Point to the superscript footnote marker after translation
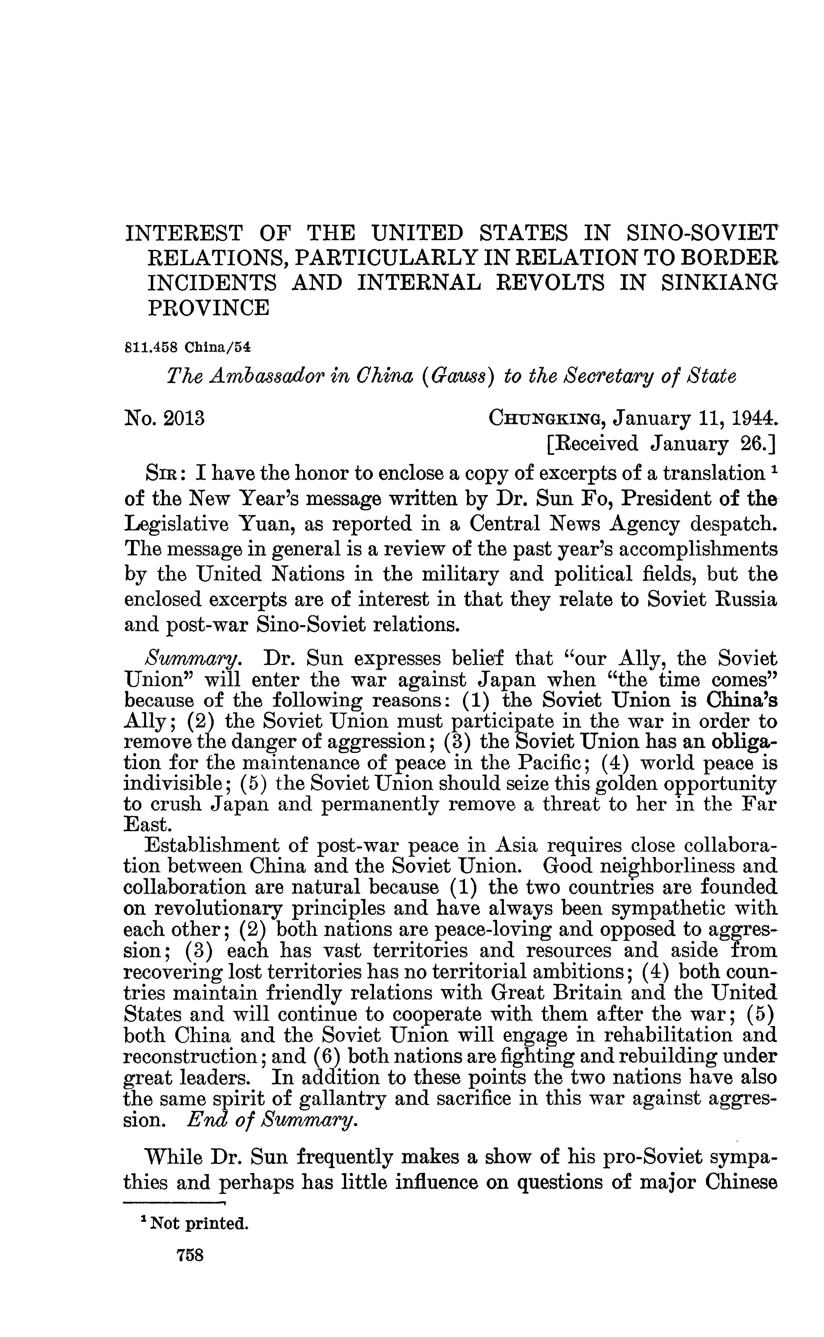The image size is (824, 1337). pos(772,470)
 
